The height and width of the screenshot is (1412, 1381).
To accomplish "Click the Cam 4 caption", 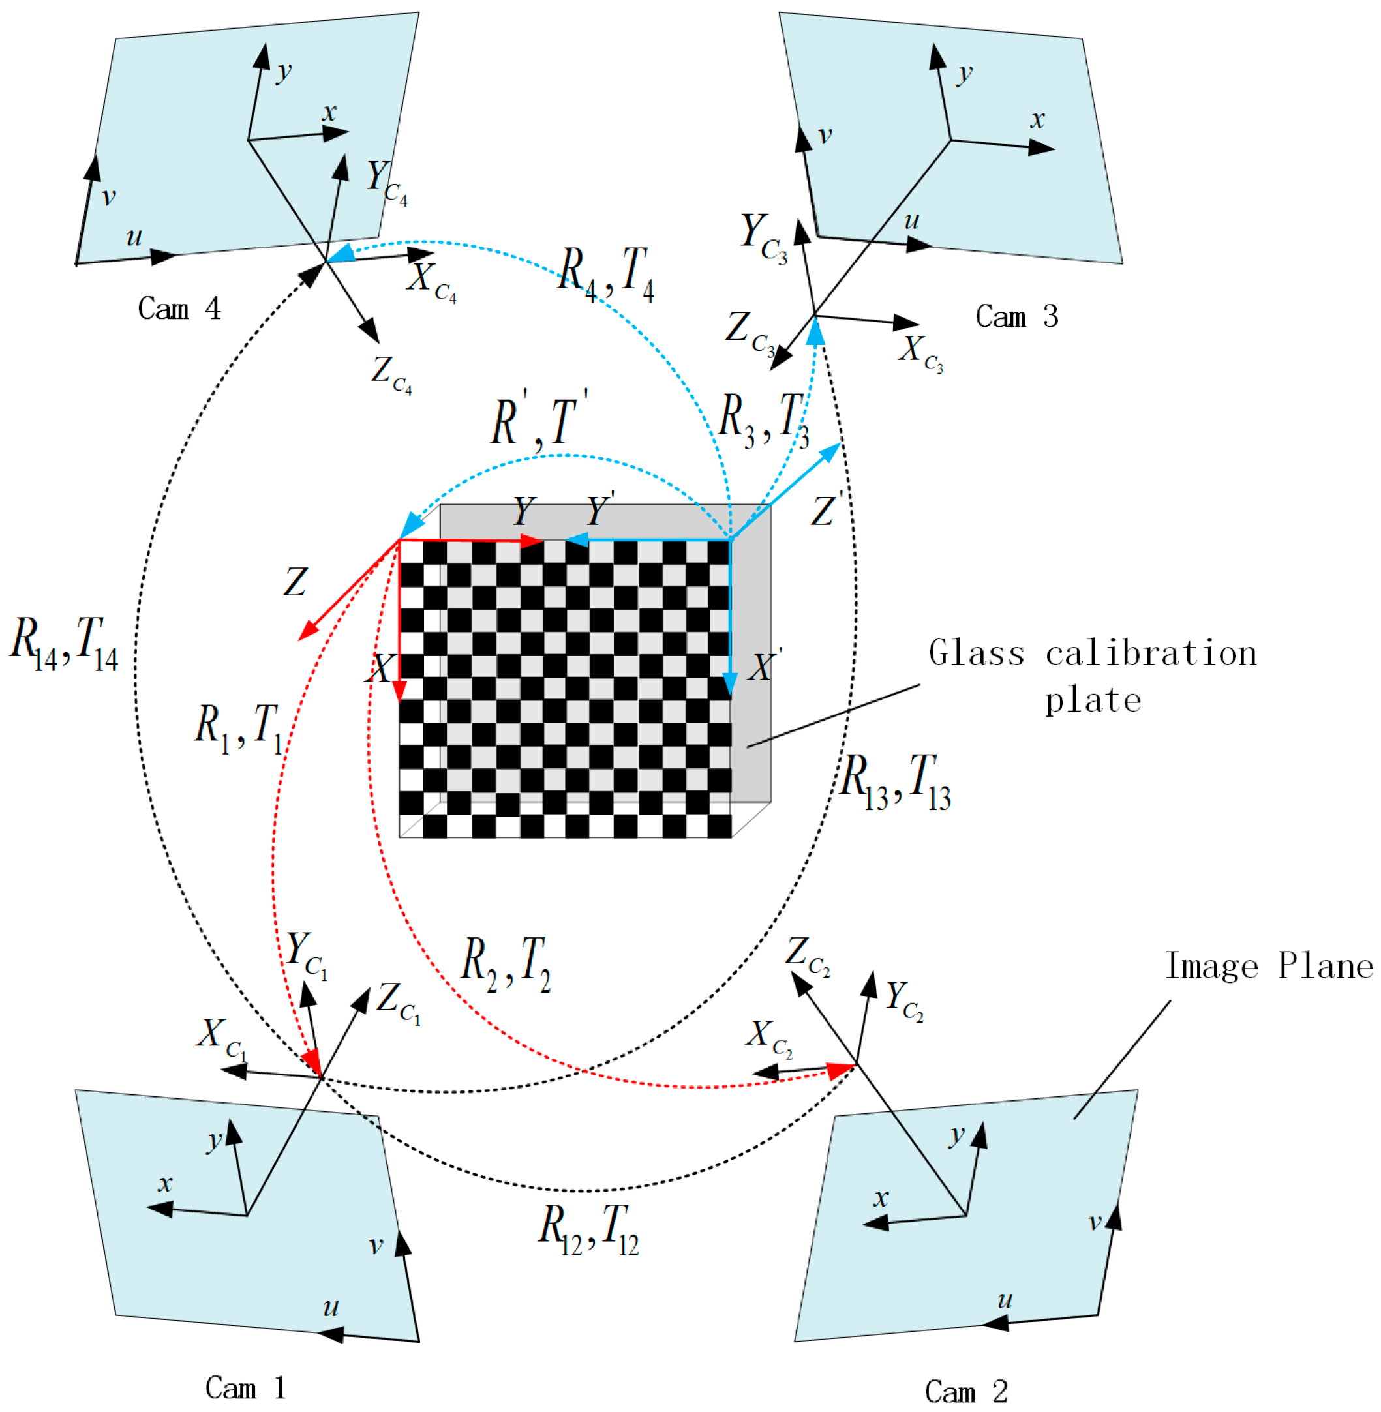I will click(x=179, y=309).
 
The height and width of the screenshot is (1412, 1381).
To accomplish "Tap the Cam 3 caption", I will click(x=1016, y=317).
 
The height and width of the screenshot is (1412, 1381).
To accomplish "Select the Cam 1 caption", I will click(x=245, y=1388).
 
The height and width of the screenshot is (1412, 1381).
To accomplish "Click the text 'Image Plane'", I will click(x=1269, y=967).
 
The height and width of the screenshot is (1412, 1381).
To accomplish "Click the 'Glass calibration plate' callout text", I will click(x=1092, y=676).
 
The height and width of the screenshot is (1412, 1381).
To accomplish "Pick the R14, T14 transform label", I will click(x=64, y=643).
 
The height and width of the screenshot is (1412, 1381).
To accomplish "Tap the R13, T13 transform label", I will click(x=895, y=781).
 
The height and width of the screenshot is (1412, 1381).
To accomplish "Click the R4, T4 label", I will click(x=605, y=273).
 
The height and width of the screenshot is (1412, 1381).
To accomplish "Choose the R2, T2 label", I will click(x=506, y=963).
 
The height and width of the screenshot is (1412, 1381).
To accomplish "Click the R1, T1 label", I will click(x=238, y=727).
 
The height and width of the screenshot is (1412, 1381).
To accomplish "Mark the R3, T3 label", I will click(x=763, y=420).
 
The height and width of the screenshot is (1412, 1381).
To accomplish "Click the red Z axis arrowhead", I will click(x=307, y=633).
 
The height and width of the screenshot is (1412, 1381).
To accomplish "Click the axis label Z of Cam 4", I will click(x=391, y=374).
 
